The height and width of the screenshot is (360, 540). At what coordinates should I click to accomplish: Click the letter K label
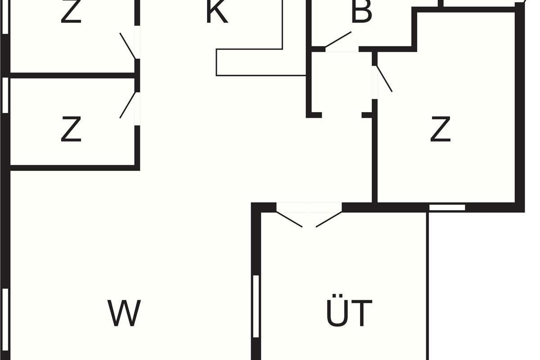[217, 13]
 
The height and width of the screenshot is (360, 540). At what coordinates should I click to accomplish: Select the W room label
[124, 313]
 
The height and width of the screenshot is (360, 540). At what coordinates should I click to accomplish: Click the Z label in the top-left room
[71, 13]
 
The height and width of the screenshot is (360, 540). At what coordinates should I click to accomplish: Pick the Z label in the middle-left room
[71, 129]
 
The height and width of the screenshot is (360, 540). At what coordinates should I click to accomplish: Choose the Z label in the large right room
[440, 129]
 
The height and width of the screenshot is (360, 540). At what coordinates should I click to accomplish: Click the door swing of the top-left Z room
[128, 45]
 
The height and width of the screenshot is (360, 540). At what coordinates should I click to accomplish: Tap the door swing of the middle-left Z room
[128, 105]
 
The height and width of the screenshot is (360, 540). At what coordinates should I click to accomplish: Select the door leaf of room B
[338, 39]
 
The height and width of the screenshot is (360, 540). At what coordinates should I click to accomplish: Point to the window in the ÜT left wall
[256, 306]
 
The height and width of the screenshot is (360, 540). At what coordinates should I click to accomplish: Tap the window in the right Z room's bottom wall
[447, 207]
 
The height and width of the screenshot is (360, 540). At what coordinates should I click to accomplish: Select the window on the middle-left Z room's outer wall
[5, 95]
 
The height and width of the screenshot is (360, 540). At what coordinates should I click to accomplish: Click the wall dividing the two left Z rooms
[72, 75]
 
